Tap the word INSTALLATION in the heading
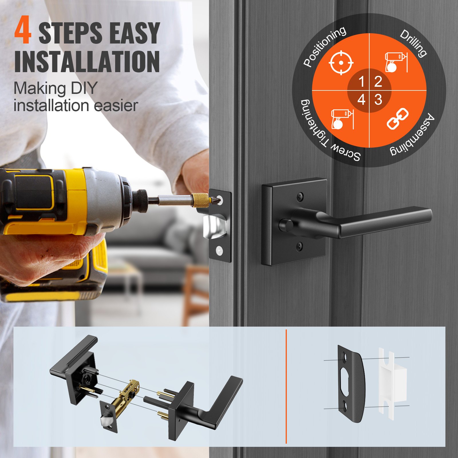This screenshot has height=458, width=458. pyautogui.click(x=87, y=62)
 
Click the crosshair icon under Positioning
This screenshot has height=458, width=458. pyautogui.click(x=341, y=62)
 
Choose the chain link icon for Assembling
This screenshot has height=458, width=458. pyautogui.click(x=397, y=119)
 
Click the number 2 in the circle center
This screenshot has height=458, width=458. pyautogui.click(x=378, y=82)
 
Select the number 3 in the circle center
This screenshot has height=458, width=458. pyautogui.click(x=378, y=100)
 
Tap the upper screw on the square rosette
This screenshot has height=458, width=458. pyautogui.click(x=300, y=196)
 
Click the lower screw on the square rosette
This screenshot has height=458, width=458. pyautogui.click(x=299, y=245)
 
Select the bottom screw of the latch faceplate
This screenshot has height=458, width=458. pyautogui.click(x=220, y=251)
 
